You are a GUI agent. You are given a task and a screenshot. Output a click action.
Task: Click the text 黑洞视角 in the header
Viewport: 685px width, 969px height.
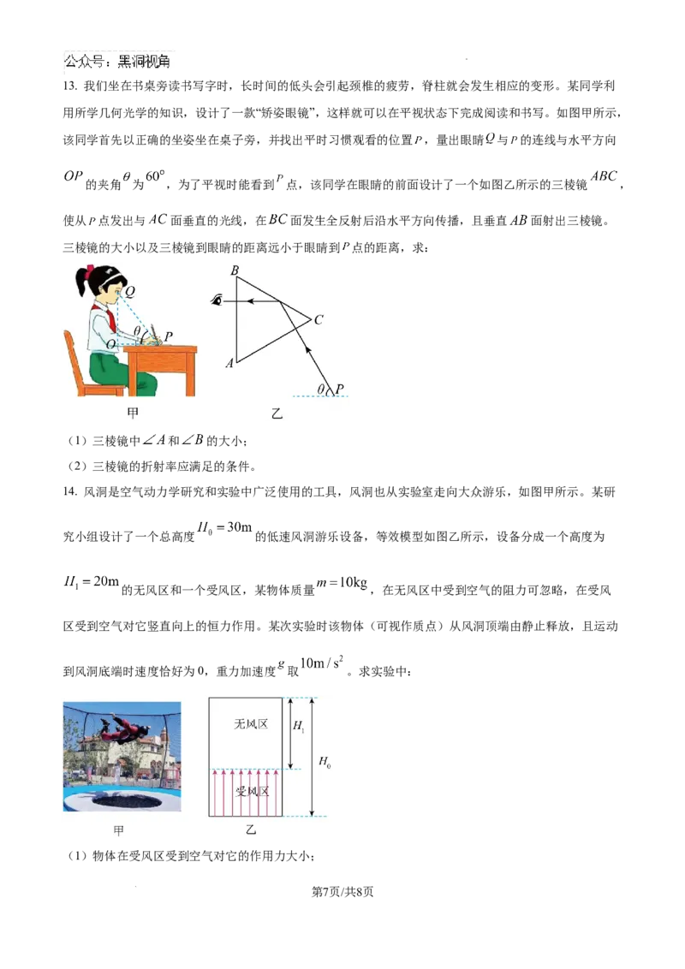pyautogui.click(x=144, y=62)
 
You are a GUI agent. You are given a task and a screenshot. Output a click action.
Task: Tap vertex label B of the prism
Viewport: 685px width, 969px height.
pyautogui.click(x=235, y=271)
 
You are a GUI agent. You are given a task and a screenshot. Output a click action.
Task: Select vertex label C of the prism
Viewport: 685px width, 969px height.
pyautogui.click(x=319, y=320)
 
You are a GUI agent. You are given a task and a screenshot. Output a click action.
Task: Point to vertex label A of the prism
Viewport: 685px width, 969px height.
pyautogui.click(x=229, y=363)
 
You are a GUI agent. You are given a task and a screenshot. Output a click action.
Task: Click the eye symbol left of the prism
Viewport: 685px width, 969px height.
pyautogui.click(x=217, y=300)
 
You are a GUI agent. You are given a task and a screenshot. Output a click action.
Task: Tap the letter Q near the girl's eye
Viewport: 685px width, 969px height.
pyautogui.click(x=129, y=291)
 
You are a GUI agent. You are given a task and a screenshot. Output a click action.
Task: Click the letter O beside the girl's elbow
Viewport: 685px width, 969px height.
pyautogui.click(x=111, y=344)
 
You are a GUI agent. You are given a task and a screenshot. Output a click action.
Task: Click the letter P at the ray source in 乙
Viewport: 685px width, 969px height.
pyautogui.click(x=339, y=389)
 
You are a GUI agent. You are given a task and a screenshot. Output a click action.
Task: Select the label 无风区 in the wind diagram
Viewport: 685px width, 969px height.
pyautogui.click(x=251, y=724)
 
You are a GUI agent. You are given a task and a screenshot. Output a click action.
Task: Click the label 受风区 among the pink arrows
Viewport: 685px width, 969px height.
pyautogui.click(x=252, y=791)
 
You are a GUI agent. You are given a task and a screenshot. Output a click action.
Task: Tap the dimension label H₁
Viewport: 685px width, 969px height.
pyautogui.click(x=299, y=726)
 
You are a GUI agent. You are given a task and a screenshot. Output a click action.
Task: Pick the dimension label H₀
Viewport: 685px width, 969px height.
pyautogui.click(x=325, y=761)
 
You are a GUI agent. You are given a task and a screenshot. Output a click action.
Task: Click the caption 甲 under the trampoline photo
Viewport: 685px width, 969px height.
pyautogui.click(x=119, y=830)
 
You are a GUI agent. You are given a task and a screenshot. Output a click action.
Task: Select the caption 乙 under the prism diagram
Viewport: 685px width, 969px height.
pyautogui.click(x=277, y=413)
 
